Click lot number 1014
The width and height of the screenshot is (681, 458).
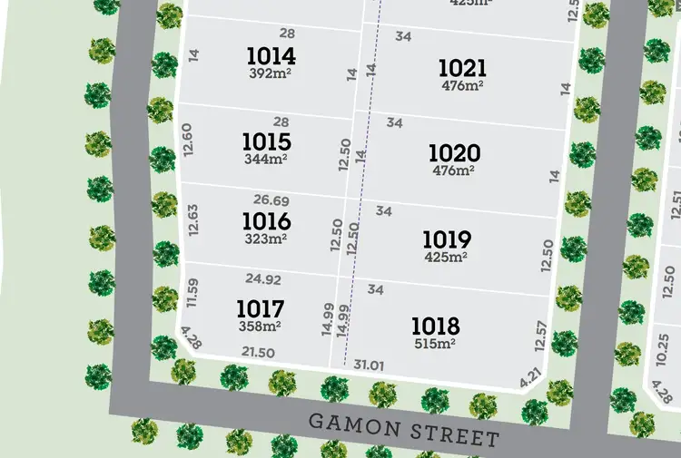pyautogui.click(x=271, y=57)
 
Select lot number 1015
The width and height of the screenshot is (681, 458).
pyautogui.click(x=266, y=142)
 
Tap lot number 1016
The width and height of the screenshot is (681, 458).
pyautogui.click(x=266, y=221)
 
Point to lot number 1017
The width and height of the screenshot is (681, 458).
pyautogui.click(x=260, y=308)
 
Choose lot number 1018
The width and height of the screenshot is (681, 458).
pyautogui.click(x=435, y=326)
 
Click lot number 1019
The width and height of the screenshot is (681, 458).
pyautogui.click(x=446, y=239)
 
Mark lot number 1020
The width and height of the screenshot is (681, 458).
pyautogui.click(x=455, y=153)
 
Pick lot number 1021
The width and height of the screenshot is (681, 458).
pyautogui.click(x=462, y=68)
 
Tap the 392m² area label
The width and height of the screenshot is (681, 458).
pyautogui.click(x=271, y=73)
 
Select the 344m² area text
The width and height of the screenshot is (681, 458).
pyautogui.click(x=266, y=159)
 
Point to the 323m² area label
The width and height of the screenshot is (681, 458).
pyautogui.click(x=266, y=239)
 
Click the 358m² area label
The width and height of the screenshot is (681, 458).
pyautogui.click(x=260, y=326)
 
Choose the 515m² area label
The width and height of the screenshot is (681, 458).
pyautogui.click(x=435, y=343)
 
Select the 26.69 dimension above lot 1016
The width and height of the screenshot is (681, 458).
pyautogui.click(x=271, y=200)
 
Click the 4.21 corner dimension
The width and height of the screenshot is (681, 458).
pyautogui.click(x=531, y=376)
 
